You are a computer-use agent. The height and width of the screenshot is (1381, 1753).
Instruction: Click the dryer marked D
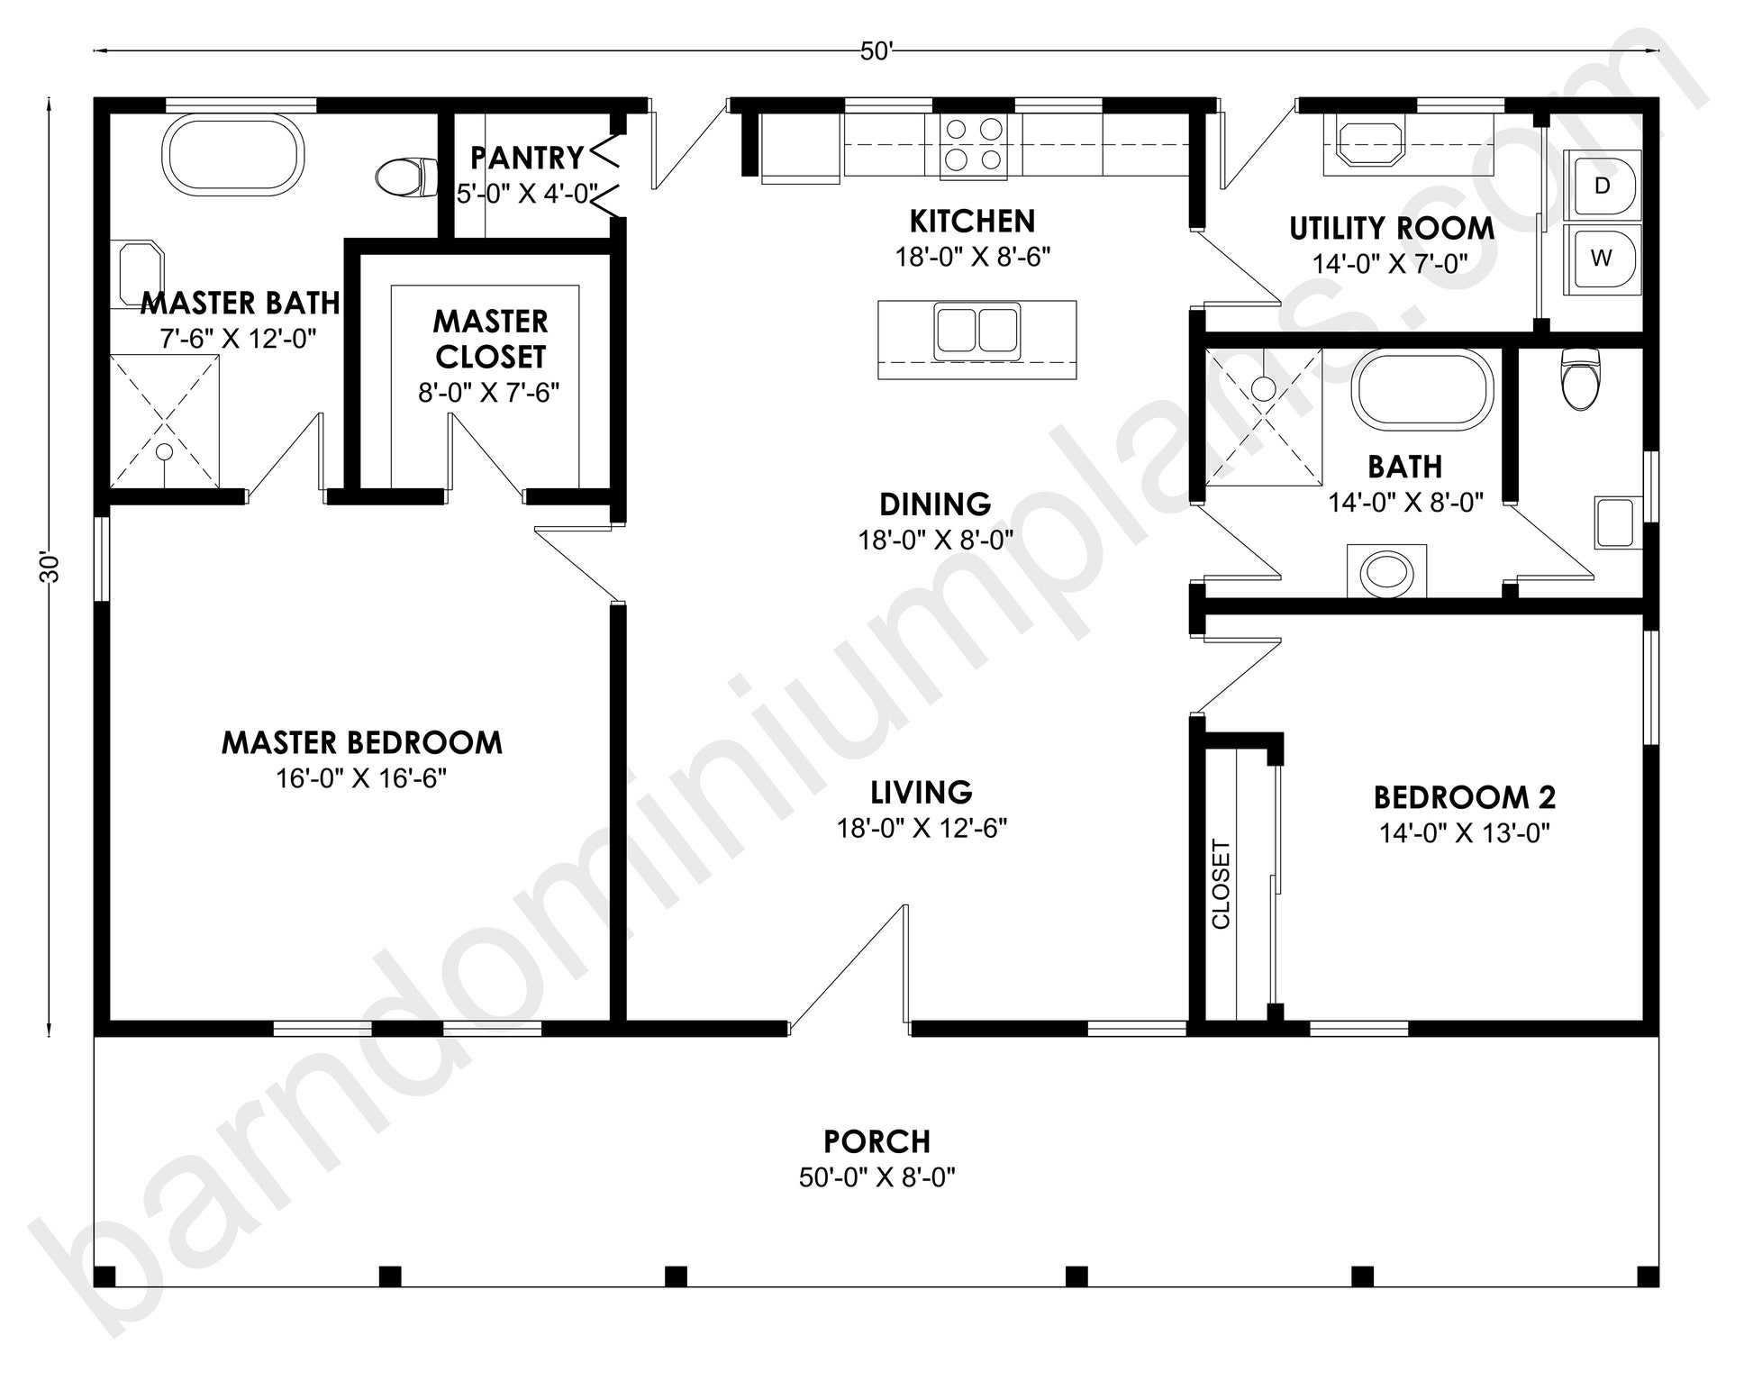pyautogui.click(x=1603, y=186)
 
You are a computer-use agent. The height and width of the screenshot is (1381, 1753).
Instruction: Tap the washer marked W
pyautogui.click(x=1603, y=259)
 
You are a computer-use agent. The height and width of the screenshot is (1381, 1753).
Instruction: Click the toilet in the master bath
pyautogui.click(x=405, y=177)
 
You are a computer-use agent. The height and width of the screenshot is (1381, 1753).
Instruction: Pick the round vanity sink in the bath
pyautogui.click(x=1386, y=571)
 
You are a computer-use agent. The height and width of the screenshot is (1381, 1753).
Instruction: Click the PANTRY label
pyautogui.click(x=527, y=158)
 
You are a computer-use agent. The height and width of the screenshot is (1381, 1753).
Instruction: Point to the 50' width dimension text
pyautogui.click(x=876, y=51)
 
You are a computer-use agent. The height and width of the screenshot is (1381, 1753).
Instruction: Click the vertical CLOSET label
pyautogui.click(x=1221, y=884)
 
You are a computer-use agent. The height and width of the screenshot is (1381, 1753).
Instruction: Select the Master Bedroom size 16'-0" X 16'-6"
pyautogui.click(x=361, y=778)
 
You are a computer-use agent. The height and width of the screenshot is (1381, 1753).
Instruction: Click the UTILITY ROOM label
pyautogui.click(x=1392, y=229)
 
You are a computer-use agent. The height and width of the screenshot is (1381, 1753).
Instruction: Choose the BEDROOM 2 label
pyautogui.click(x=1465, y=797)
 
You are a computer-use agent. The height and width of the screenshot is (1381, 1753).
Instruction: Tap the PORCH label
pyautogui.click(x=876, y=1141)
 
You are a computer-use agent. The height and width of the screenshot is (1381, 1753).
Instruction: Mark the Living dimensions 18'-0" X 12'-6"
pyautogui.click(x=922, y=828)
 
